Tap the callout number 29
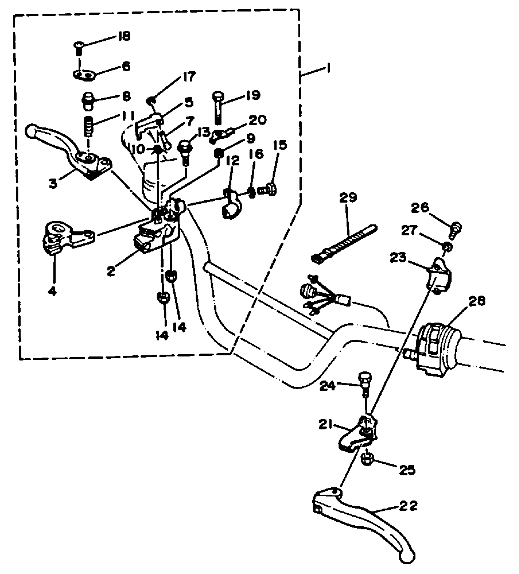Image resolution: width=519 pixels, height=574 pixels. click(348, 198)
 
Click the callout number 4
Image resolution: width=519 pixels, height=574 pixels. click(52, 292)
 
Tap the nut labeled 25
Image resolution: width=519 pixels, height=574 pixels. click(366, 458)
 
